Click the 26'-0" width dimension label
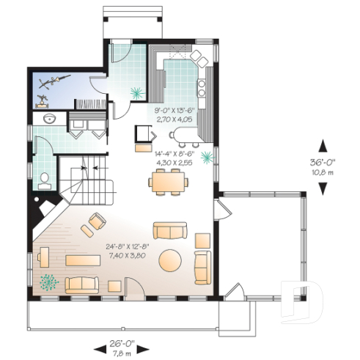(122, 342)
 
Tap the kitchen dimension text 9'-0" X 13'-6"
(173, 109)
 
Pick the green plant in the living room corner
(49, 281)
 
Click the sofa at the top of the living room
(170, 231)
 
